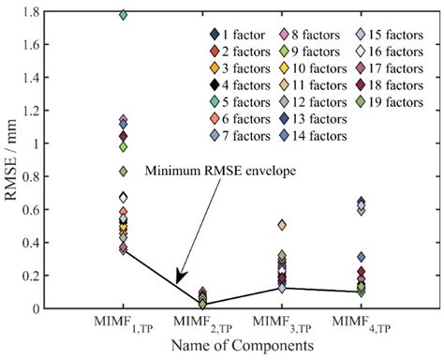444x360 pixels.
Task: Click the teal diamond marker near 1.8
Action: coord(123,14)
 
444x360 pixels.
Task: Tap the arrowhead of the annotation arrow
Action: coord(178,280)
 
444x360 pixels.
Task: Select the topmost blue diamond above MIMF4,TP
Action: coord(362,202)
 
